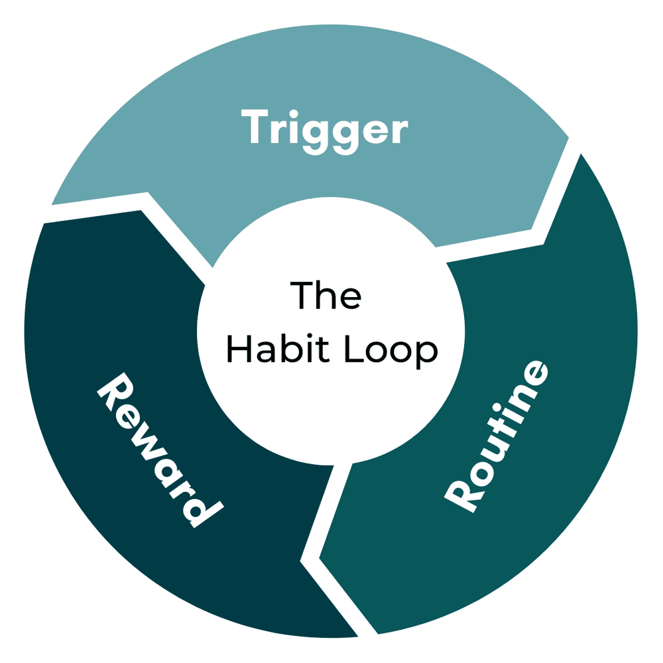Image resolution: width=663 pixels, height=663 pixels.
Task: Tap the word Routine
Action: point(497,438)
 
